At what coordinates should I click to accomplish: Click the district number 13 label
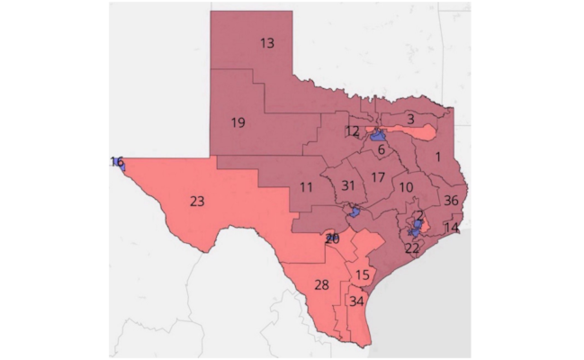click(266, 43)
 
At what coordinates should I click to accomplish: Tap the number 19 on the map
click(238, 122)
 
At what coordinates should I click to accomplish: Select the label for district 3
click(409, 119)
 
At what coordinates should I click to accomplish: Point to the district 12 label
click(353, 131)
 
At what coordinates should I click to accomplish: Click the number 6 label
click(382, 149)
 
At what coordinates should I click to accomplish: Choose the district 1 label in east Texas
click(438, 157)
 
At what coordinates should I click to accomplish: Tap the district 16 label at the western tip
click(117, 162)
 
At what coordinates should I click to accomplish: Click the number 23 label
click(197, 202)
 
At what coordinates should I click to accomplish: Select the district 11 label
click(307, 187)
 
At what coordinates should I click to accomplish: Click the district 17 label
click(378, 176)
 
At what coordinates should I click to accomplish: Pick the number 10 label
click(406, 187)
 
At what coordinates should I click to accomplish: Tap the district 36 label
click(451, 201)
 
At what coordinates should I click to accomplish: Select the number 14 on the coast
click(451, 228)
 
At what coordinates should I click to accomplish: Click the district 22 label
click(412, 248)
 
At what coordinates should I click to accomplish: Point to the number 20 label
click(332, 238)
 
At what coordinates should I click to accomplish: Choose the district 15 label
click(363, 274)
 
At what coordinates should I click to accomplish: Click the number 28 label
click(321, 285)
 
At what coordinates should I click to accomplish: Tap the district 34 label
click(357, 301)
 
